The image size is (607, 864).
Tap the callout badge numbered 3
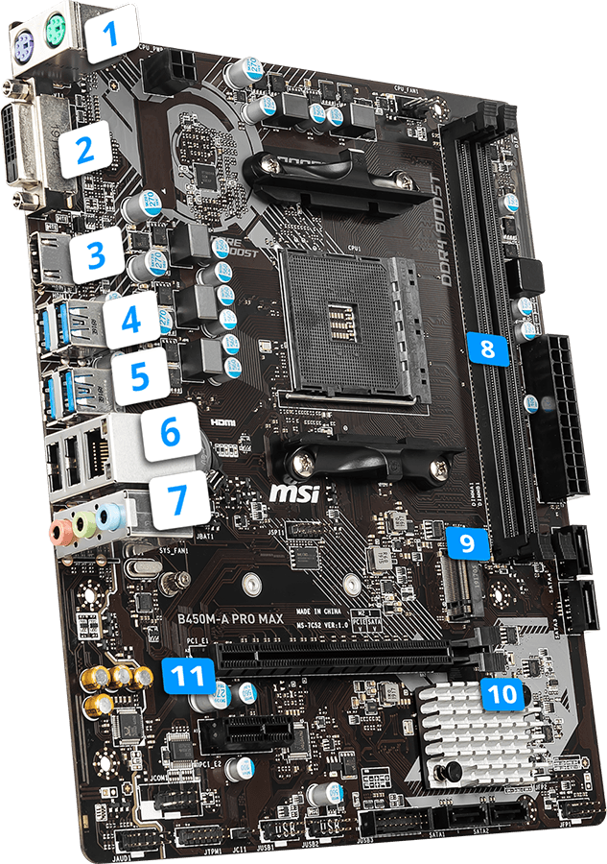(x=96, y=255)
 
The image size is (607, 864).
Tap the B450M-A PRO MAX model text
(x=230, y=619)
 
